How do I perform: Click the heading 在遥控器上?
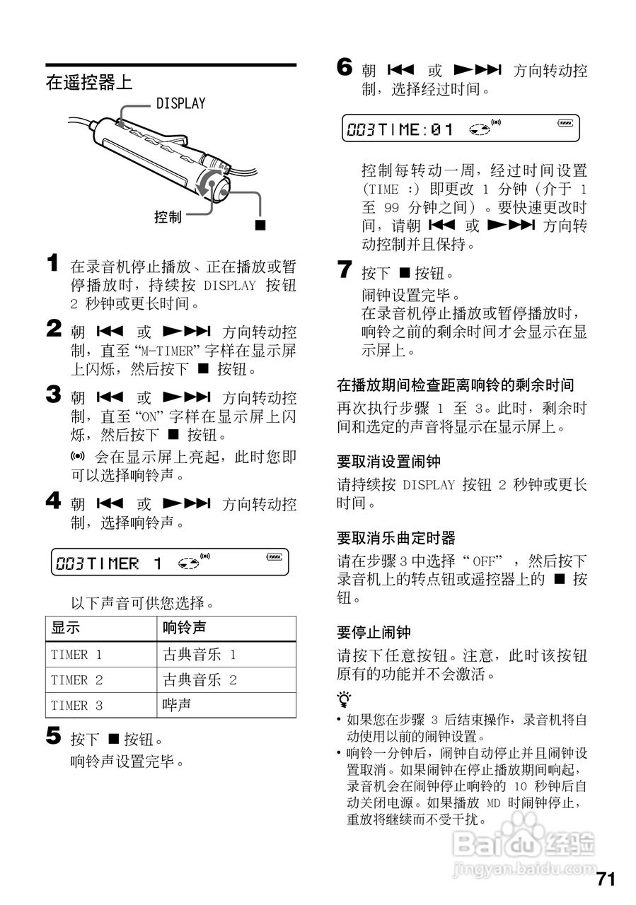[x=88, y=82]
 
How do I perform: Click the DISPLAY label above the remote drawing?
[x=180, y=104]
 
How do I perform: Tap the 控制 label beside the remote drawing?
[x=168, y=217]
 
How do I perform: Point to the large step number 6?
[x=344, y=68]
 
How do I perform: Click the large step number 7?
[x=344, y=269]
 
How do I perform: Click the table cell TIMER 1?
[x=76, y=655]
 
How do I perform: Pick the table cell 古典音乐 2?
[x=200, y=680]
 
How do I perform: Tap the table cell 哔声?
[x=177, y=705]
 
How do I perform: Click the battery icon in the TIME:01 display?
[x=565, y=123]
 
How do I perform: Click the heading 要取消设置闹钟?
[x=388, y=462]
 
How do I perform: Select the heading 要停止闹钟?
[x=373, y=632]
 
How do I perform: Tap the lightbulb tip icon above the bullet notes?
[x=344, y=700]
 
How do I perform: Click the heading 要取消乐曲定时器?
[x=395, y=538]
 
